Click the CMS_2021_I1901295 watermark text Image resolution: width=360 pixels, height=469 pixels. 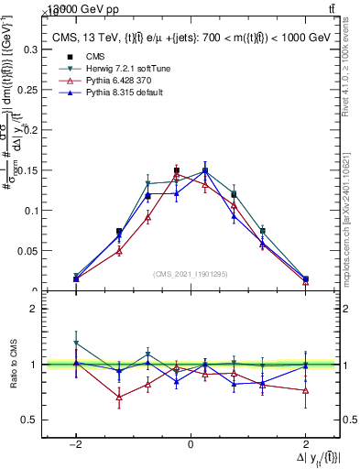[x=191, y=274]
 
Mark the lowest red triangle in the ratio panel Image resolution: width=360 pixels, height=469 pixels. [x=119, y=397]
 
